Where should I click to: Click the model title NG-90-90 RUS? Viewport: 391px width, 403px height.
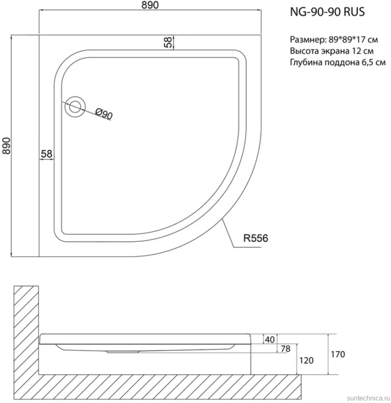327,12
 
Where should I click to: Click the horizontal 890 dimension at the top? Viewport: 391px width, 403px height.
150,5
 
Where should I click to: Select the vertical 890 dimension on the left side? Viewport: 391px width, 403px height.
6,146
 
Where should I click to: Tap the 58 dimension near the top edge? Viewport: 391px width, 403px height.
168,42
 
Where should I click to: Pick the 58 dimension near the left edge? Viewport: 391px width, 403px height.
47,154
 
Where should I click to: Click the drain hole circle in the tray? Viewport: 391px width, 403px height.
75,107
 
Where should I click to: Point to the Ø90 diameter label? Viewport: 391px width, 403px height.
104,114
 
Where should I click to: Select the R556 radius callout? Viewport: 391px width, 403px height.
256,238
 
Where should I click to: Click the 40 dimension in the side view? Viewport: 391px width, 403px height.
270,339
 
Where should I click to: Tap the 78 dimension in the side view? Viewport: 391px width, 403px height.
285,349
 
